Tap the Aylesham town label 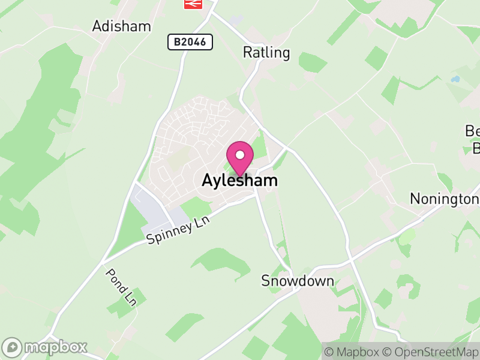(x=240, y=181)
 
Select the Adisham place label (x=121, y=26)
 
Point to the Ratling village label (x=266, y=53)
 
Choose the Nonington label (x=444, y=199)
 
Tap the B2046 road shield (x=190, y=42)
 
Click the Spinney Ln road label (x=178, y=232)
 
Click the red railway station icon (x=193, y=4)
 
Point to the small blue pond (x=455, y=79)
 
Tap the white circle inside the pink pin (x=240, y=154)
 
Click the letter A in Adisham (x=98, y=26)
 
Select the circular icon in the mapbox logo (x=13, y=347)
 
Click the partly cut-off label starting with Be (x=473, y=139)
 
